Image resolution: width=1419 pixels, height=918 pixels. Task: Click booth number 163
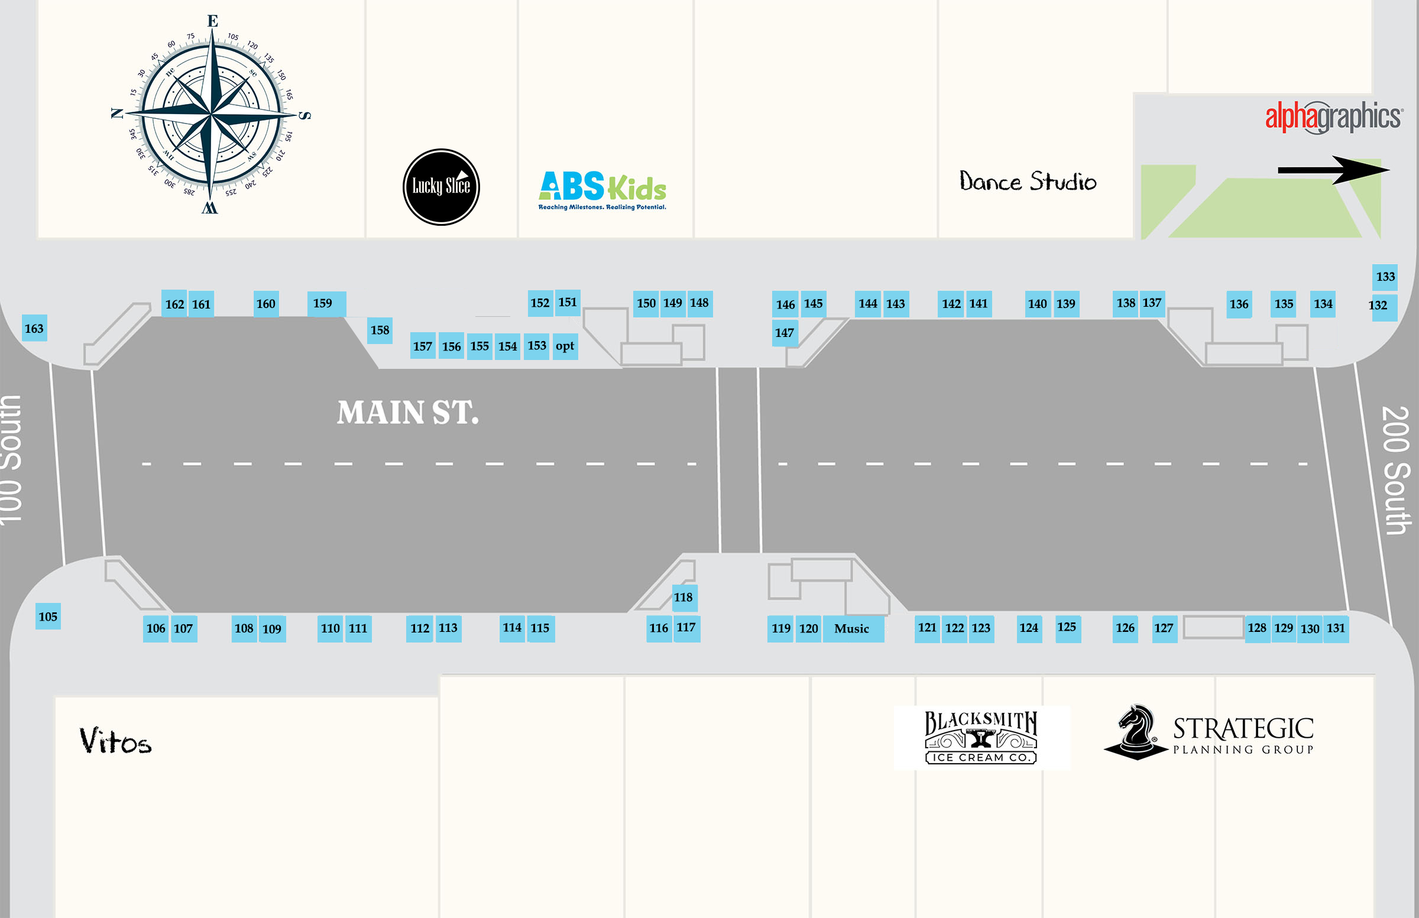tap(34, 329)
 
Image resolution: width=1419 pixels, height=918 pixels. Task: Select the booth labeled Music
tap(853, 629)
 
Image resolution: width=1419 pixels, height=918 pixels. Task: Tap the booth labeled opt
tap(565, 346)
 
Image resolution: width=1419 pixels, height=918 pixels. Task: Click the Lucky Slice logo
tap(441, 187)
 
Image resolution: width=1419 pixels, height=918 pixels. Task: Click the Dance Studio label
tap(1028, 181)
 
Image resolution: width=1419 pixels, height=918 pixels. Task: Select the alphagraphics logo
tap(1334, 117)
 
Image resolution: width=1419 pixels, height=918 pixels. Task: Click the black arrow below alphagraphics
tap(1333, 170)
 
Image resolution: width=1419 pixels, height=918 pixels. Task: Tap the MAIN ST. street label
tap(408, 413)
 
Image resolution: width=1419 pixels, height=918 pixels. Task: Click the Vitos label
tap(116, 741)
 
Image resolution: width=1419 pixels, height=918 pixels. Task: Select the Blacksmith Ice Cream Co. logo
tap(981, 737)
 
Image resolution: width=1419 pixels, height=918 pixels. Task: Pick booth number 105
tap(48, 617)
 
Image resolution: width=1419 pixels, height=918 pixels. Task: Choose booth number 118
tap(683, 597)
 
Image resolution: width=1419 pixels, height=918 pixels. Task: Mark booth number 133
tap(1385, 277)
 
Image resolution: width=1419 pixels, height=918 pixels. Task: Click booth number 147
tap(785, 333)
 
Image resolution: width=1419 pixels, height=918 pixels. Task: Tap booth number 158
tap(380, 330)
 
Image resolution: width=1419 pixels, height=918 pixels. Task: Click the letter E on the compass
tap(213, 21)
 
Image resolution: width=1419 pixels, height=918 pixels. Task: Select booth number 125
tap(1067, 627)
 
